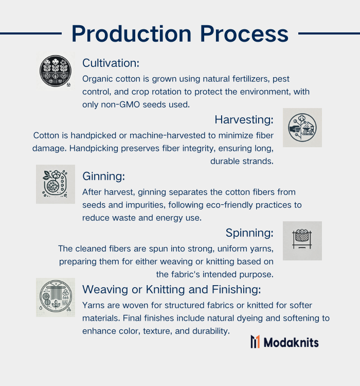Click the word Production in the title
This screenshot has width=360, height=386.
[132, 34]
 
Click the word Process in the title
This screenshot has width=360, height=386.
[244, 34]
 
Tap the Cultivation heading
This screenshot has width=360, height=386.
[111, 63]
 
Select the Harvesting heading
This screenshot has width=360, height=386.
[244, 119]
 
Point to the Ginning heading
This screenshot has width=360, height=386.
[103, 177]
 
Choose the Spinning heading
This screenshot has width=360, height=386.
[249, 233]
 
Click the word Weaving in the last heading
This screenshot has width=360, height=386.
[105, 289]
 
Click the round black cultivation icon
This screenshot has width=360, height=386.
[56, 71]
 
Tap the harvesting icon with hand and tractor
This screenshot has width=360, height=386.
[302, 128]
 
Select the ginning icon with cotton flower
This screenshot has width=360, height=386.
[56, 184]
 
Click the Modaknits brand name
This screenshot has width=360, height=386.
[291, 342]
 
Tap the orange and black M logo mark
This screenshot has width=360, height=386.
[255, 342]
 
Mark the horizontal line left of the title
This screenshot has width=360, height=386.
[31, 33]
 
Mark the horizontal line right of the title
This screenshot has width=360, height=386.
[329, 33]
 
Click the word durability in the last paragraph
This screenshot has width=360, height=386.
[211, 331]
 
